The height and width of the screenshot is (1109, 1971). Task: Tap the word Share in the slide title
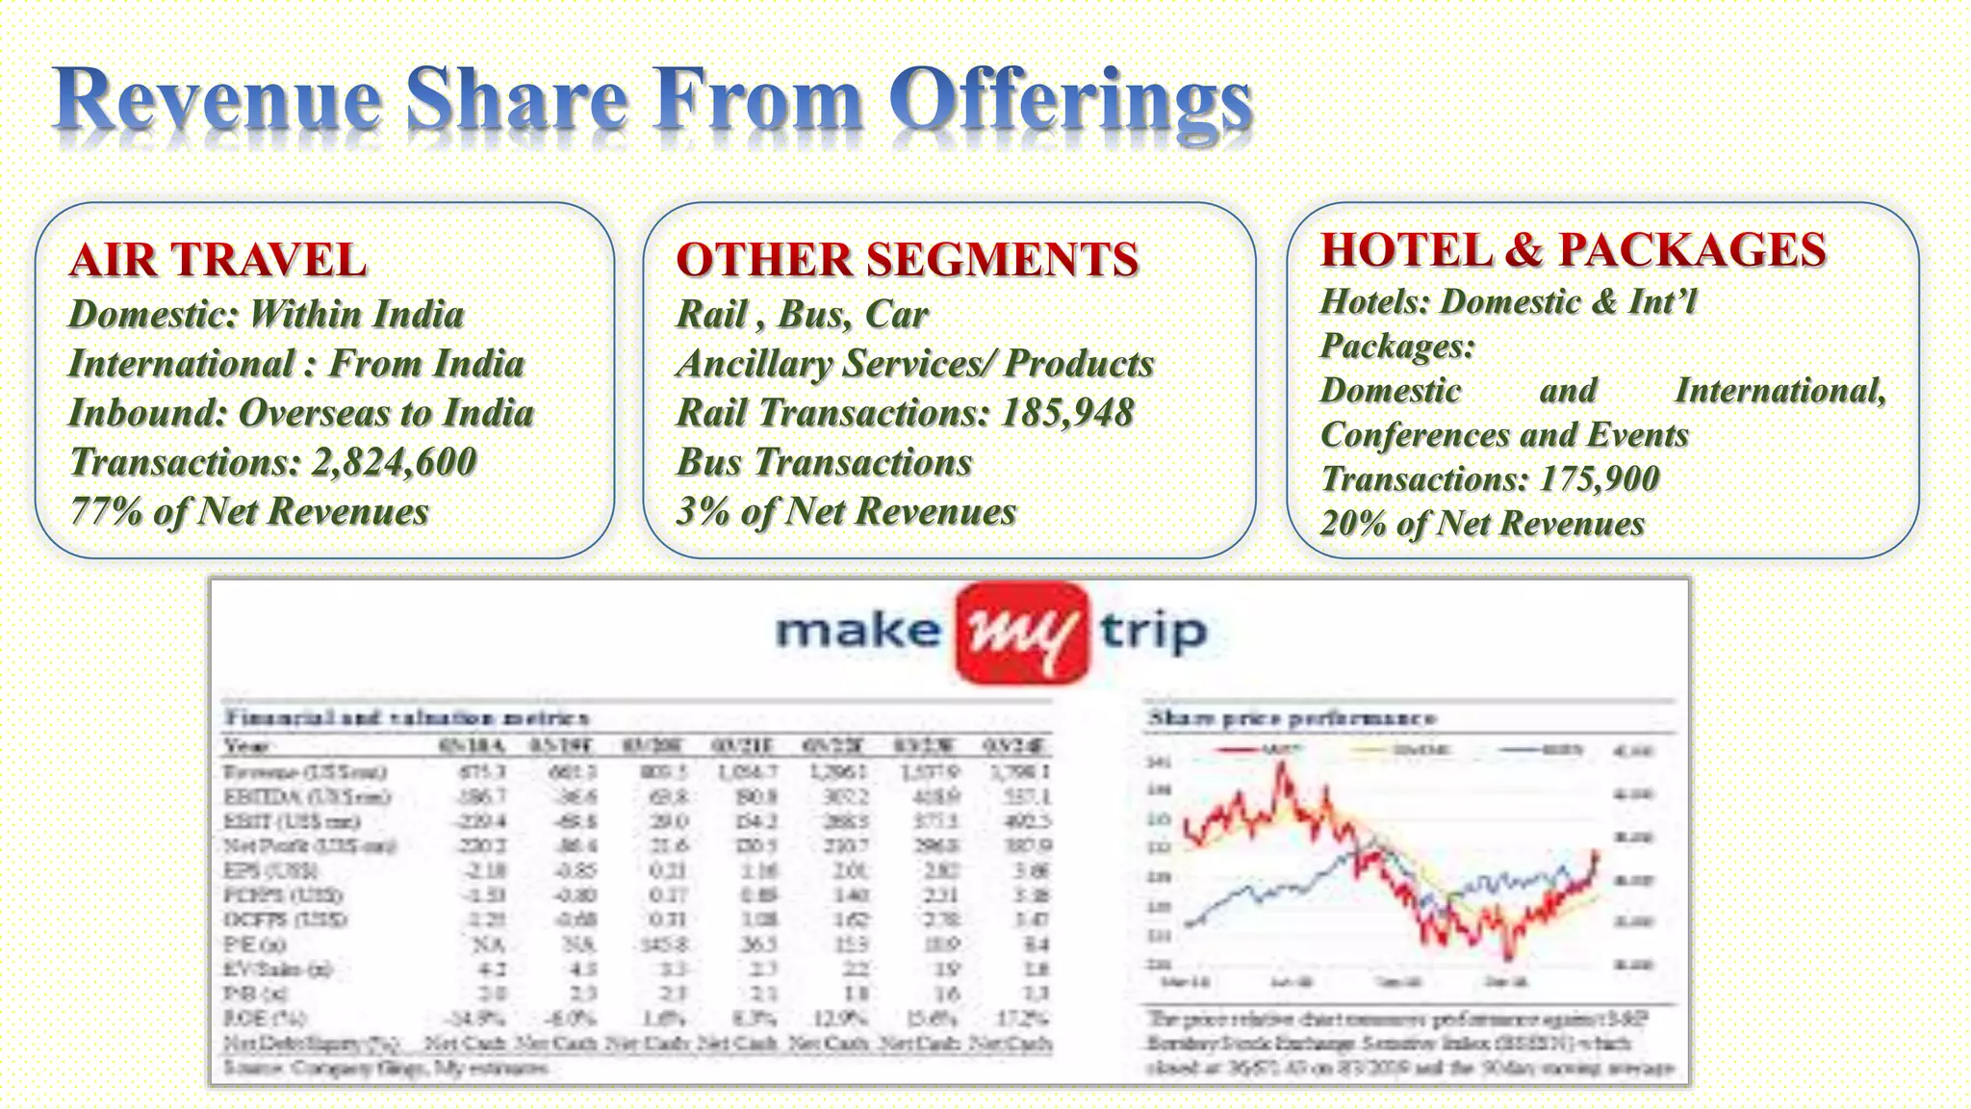point(516,100)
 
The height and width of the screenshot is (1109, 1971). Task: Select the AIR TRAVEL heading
point(218,260)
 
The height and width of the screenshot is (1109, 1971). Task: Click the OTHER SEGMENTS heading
point(907,260)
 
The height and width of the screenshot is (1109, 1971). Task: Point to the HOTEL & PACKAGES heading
point(1573,250)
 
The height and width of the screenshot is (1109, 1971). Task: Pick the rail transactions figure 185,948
point(1067,413)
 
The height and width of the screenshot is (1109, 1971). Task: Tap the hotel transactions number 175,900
point(1600,478)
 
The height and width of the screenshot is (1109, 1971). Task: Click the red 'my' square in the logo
point(1022,632)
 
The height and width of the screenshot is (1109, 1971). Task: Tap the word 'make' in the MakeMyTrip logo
point(858,632)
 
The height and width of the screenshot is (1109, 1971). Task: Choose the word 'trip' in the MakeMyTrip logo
point(1153,632)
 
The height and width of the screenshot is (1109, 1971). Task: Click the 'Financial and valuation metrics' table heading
point(406,717)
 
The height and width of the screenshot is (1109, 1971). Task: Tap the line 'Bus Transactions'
point(824,462)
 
